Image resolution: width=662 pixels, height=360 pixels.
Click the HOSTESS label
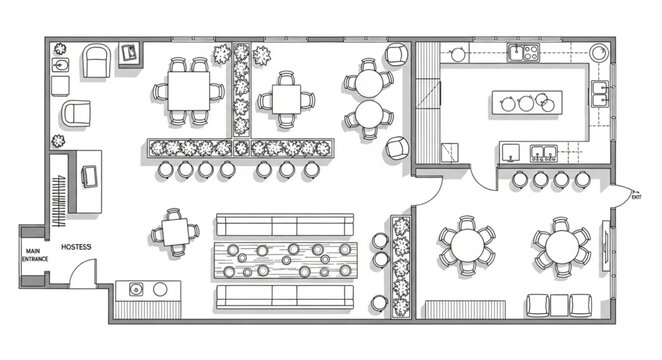point(76,246)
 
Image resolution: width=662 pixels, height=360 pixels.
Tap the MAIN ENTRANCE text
point(33,256)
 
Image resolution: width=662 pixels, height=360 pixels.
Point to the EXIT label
point(637,198)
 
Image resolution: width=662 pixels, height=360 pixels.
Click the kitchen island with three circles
point(526,102)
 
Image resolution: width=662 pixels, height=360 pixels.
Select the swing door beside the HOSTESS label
point(84,271)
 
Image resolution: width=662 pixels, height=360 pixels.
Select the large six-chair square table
point(188,92)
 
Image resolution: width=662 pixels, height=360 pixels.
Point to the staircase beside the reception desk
point(61,190)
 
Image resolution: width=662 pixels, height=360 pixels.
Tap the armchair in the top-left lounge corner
point(97,61)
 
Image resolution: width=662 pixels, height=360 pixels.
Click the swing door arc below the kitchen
point(490,180)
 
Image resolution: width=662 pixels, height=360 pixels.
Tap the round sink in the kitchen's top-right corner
point(598,53)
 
